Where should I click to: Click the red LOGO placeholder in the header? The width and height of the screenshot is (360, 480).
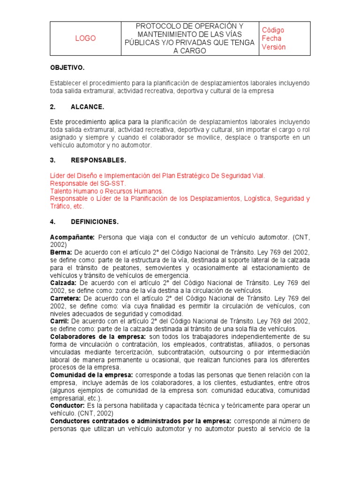[85, 38]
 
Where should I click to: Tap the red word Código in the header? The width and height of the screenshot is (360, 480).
[273, 30]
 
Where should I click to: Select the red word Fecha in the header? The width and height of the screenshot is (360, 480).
[271, 38]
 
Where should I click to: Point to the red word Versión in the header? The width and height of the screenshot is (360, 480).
[274, 47]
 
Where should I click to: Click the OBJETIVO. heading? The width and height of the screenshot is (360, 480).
[67, 67]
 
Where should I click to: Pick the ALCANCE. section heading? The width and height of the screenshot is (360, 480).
[87, 107]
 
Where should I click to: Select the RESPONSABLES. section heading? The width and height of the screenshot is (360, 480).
[98, 160]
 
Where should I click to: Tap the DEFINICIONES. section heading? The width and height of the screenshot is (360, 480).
[94, 221]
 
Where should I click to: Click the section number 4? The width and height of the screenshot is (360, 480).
[52, 221]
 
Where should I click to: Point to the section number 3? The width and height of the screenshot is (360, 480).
[52, 160]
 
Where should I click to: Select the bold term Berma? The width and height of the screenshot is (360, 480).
[60, 253]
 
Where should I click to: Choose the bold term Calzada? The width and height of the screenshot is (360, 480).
[63, 283]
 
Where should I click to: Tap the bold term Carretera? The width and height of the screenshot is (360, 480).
[66, 298]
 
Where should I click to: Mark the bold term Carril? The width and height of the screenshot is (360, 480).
[60, 321]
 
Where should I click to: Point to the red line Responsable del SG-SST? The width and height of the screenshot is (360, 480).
[88, 183]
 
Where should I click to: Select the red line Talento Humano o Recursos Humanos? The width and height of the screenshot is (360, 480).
[107, 191]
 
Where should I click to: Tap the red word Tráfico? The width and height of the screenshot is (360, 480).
[61, 206]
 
